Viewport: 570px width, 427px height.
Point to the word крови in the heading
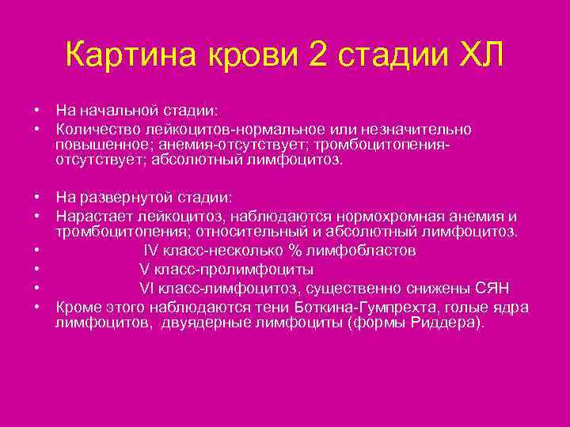point(252,56)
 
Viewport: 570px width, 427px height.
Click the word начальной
point(117,108)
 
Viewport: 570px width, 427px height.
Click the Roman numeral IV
point(152,251)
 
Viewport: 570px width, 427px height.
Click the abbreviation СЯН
point(493,287)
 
